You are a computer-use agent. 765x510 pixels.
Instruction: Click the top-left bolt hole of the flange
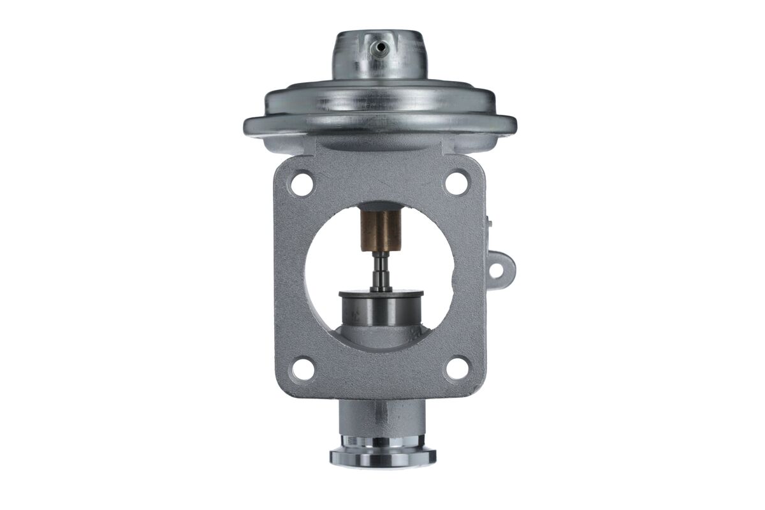[302, 184]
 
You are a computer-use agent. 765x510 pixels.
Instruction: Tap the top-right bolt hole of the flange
[456, 184]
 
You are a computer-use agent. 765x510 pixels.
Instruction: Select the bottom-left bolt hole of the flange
[303, 369]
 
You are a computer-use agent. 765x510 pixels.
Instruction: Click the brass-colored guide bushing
[381, 231]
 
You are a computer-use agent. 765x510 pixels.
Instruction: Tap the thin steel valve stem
[381, 271]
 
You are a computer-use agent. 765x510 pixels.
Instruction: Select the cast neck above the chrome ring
[381, 418]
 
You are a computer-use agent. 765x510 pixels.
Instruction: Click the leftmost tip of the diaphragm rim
[245, 126]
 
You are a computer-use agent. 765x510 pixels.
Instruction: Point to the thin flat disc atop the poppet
[381, 294]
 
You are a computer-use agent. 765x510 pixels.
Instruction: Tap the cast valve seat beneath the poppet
[381, 339]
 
